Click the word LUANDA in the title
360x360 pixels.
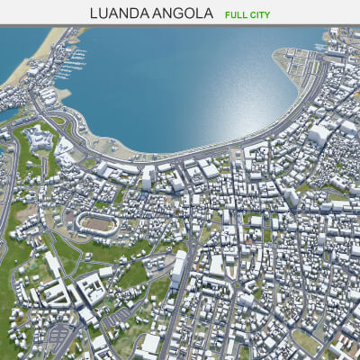119,13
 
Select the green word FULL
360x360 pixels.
238,14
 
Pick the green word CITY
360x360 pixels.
260,14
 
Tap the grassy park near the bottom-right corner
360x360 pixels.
306,342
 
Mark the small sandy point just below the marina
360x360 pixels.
63,93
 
